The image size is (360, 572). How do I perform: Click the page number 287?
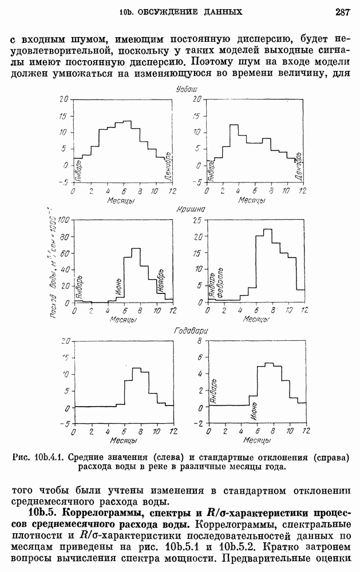click(343, 11)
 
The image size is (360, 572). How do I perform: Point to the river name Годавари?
click(191, 331)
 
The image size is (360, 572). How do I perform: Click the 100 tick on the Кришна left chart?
click(64, 221)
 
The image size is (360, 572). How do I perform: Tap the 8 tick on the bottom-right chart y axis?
click(200, 341)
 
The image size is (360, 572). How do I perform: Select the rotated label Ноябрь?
click(161, 279)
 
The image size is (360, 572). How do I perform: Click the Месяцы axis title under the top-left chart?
click(121, 201)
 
